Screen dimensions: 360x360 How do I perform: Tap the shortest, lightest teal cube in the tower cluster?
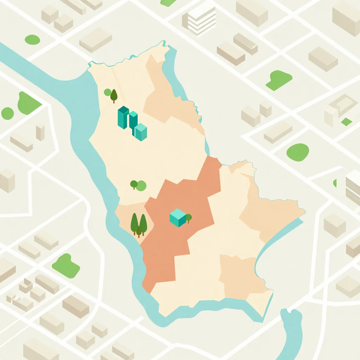tap(141, 132)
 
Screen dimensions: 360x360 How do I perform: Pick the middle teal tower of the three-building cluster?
tap(133, 120)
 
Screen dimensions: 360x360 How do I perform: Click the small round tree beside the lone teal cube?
tap(188, 217)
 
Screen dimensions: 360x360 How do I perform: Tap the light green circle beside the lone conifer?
tap(108, 92)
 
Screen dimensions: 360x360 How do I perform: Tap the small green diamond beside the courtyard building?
tap(347, 122)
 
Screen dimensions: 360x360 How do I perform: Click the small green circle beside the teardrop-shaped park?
tap(7, 113)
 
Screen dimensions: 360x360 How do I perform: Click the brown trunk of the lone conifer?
tap(114, 101)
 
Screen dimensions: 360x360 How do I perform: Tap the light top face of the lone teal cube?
tap(178, 213)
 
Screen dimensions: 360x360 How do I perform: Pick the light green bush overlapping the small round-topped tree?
tap(141, 186)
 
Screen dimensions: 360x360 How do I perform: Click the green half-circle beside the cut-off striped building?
tap(335, 183)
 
